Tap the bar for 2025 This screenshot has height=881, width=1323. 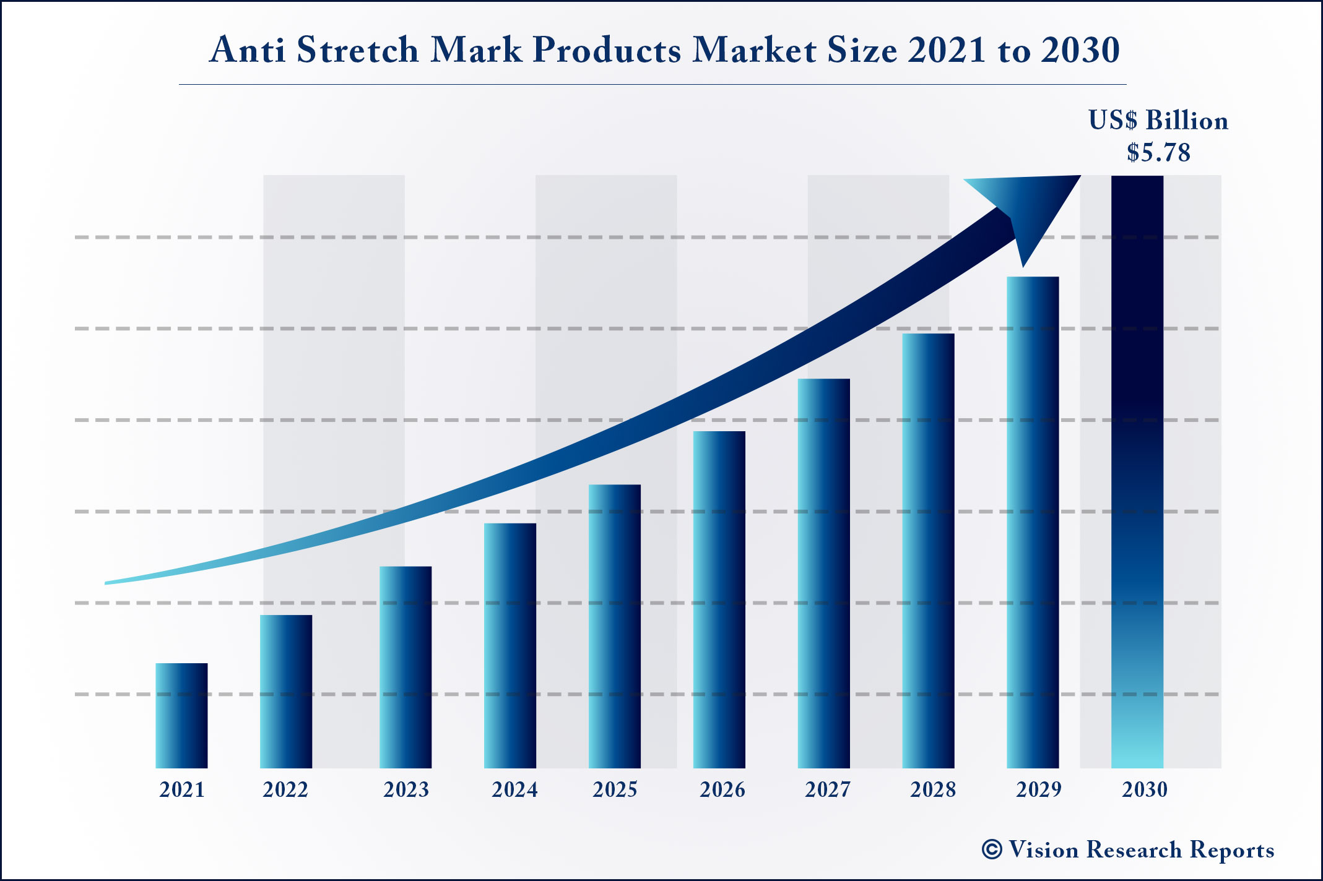615,626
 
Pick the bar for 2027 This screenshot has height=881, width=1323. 823,573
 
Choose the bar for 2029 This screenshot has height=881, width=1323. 1033,522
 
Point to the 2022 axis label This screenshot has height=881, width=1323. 285,790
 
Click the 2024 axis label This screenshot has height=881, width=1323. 514,790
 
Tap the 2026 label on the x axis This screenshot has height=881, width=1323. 722,790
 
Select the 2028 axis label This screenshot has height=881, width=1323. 933,790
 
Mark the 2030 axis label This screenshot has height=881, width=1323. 1145,790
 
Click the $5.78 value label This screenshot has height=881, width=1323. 1158,153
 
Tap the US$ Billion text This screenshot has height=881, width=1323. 1158,121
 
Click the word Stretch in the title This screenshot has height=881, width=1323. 358,49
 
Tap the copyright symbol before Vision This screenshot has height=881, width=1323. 991,849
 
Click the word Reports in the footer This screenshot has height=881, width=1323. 1232,850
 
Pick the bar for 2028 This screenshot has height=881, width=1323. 928,551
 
